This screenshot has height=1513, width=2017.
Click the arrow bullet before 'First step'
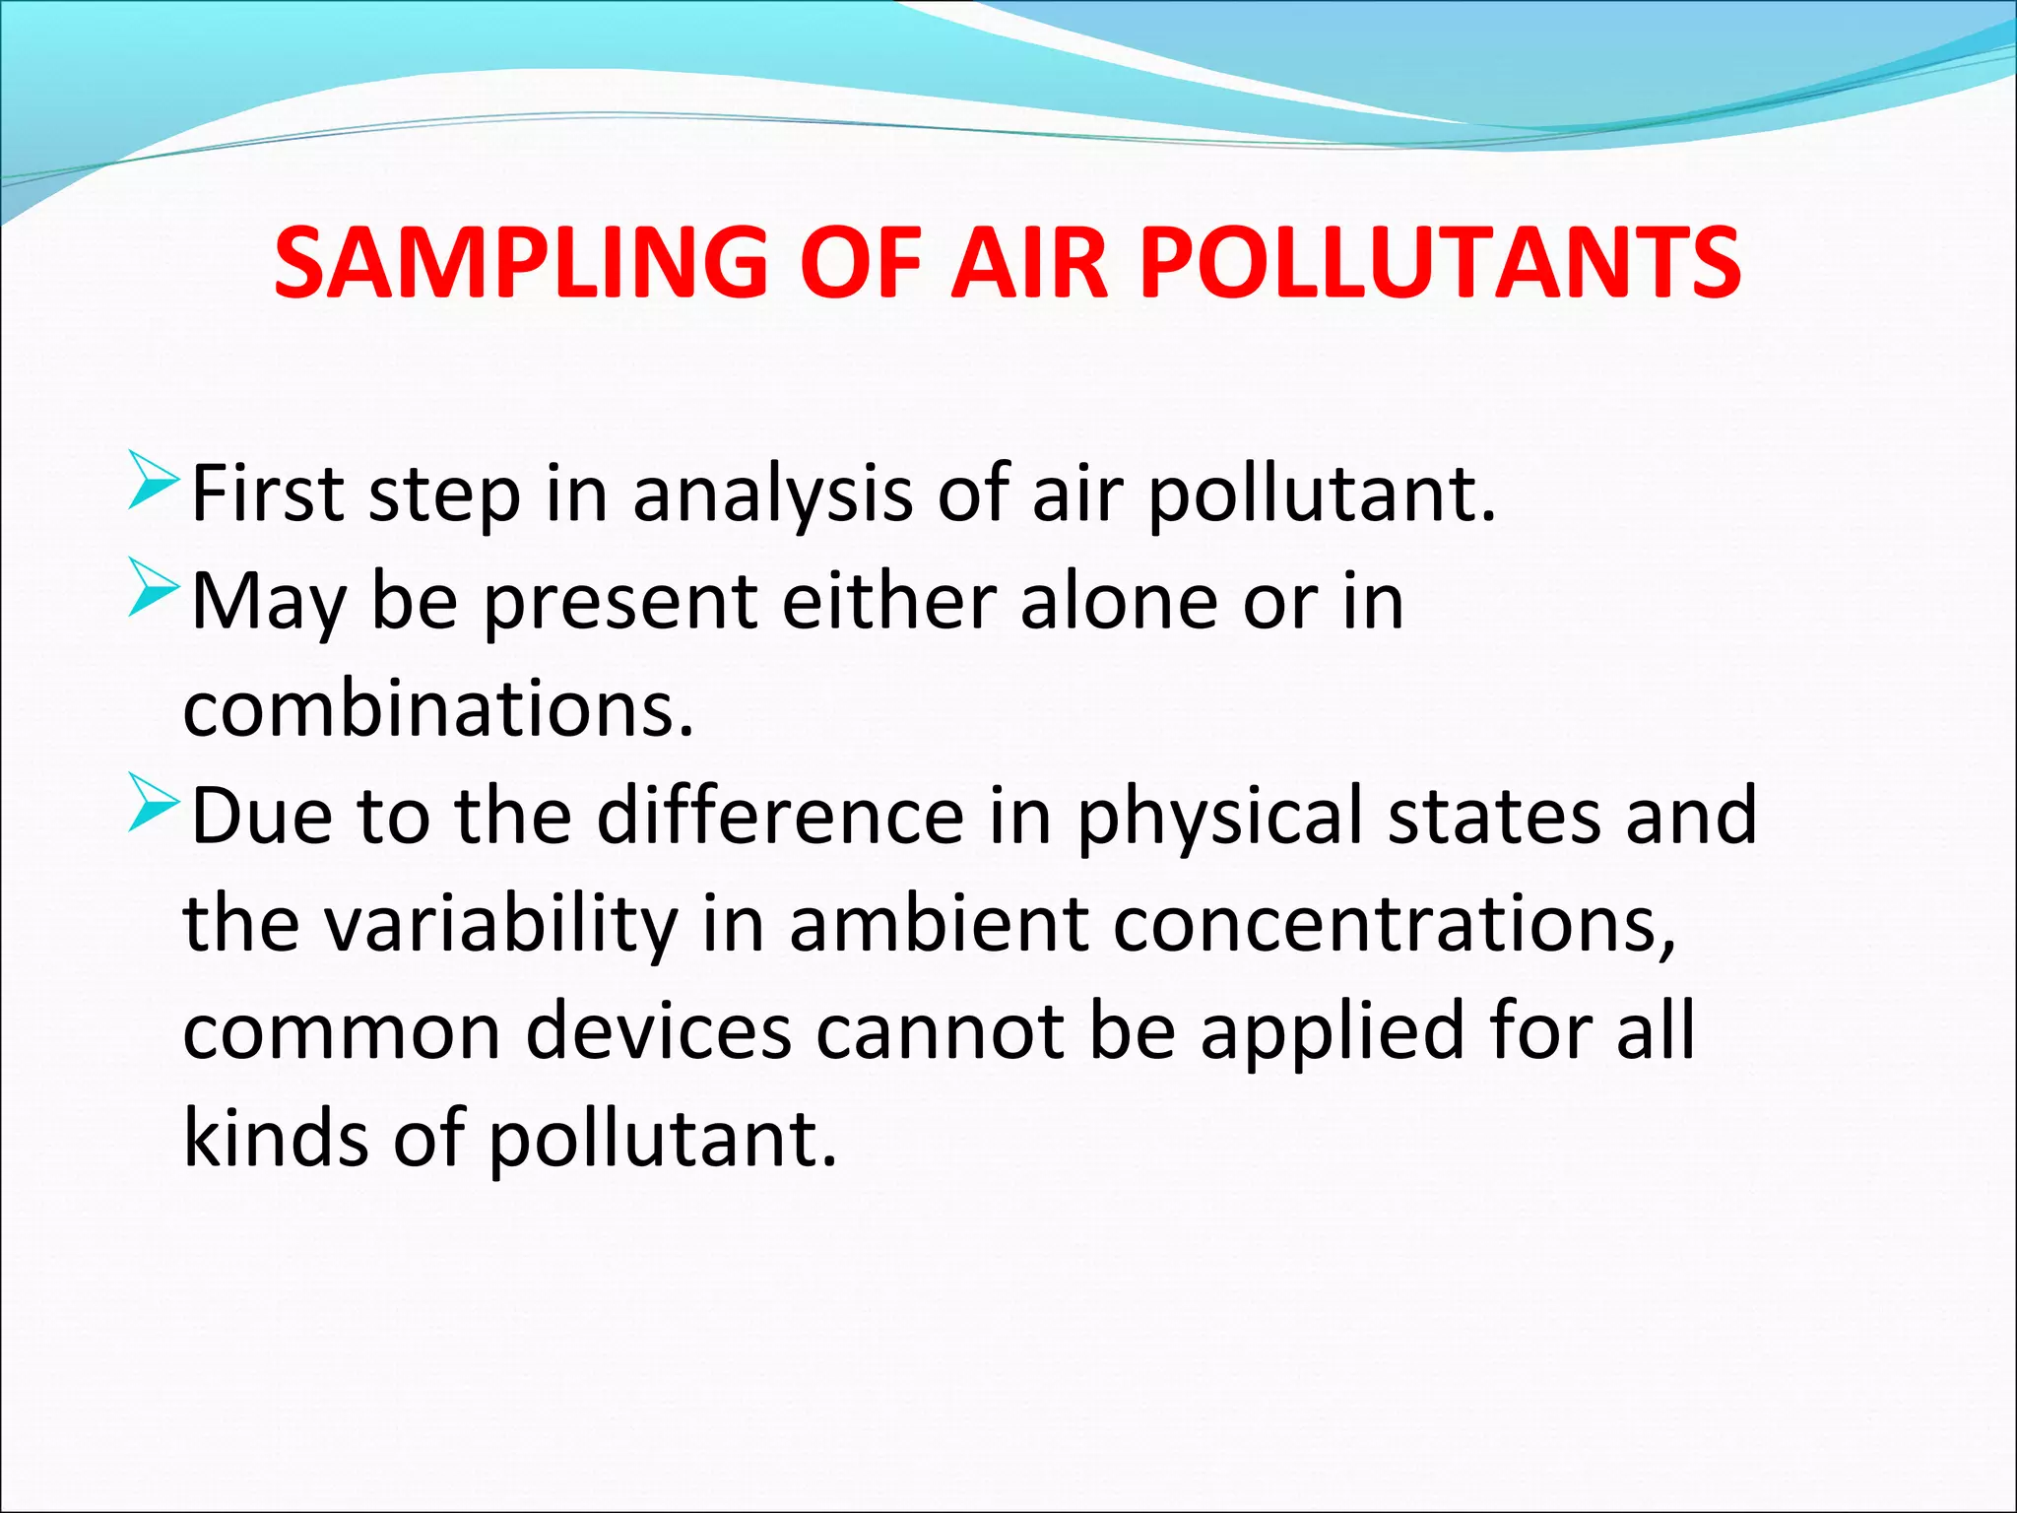click(153, 482)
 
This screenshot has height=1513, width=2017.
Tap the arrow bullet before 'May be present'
click(153, 589)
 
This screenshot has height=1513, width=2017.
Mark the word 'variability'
click(501, 926)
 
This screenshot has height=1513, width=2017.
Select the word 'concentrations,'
click(1395, 926)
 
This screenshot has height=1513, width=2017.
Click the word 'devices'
click(658, 1031)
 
